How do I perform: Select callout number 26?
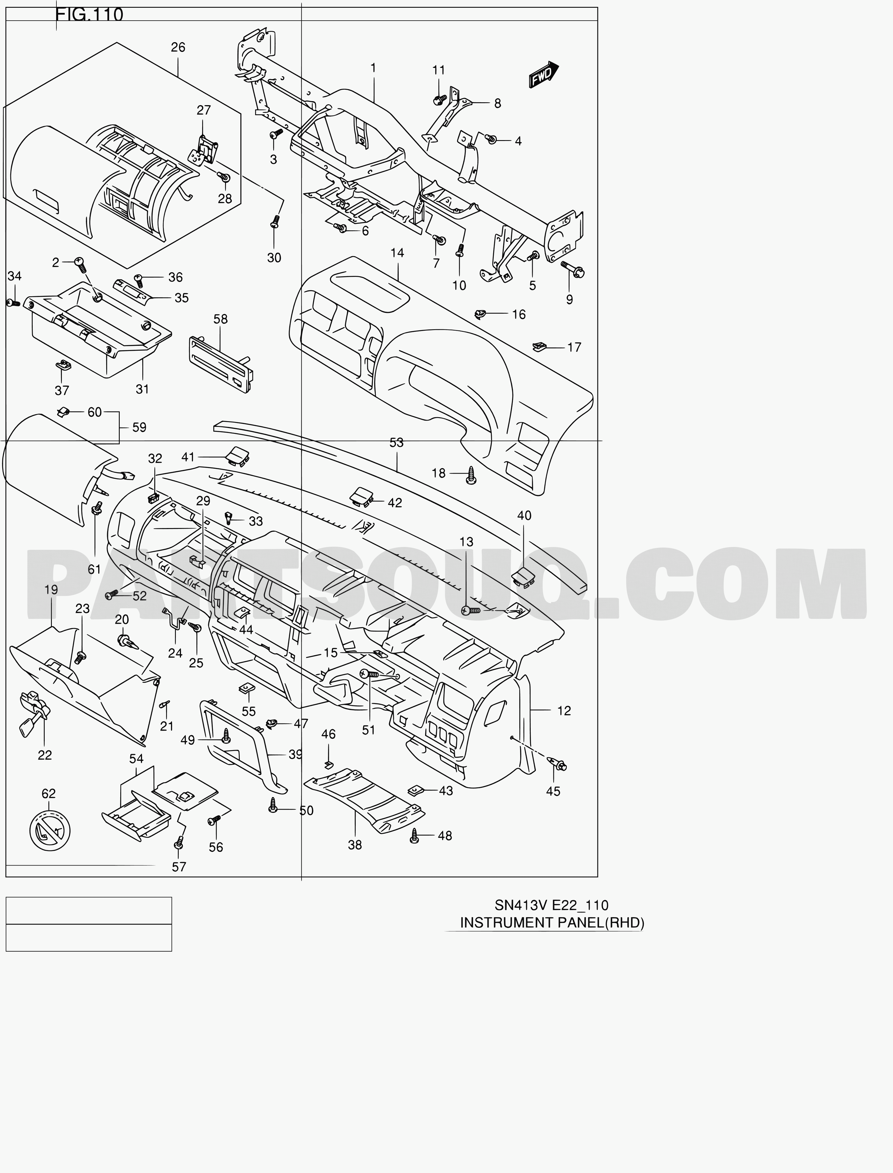178,47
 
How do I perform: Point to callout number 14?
397,253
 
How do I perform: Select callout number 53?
397,442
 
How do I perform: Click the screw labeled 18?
471,475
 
